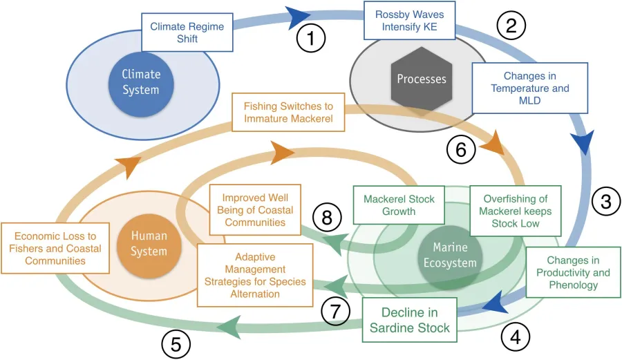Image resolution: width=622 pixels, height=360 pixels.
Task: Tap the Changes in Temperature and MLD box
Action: pos(530,88)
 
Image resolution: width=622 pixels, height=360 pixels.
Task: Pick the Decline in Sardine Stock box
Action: pos(410,319)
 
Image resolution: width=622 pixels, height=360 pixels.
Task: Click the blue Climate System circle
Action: pos(141,82)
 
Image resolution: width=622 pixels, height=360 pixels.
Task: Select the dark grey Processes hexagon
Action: pos(421,79)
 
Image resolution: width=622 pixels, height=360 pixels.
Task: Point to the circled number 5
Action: pos(176,343)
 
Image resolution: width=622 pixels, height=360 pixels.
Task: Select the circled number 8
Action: pos(326,218)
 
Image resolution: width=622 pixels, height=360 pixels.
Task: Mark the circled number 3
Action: pos(605,202)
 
